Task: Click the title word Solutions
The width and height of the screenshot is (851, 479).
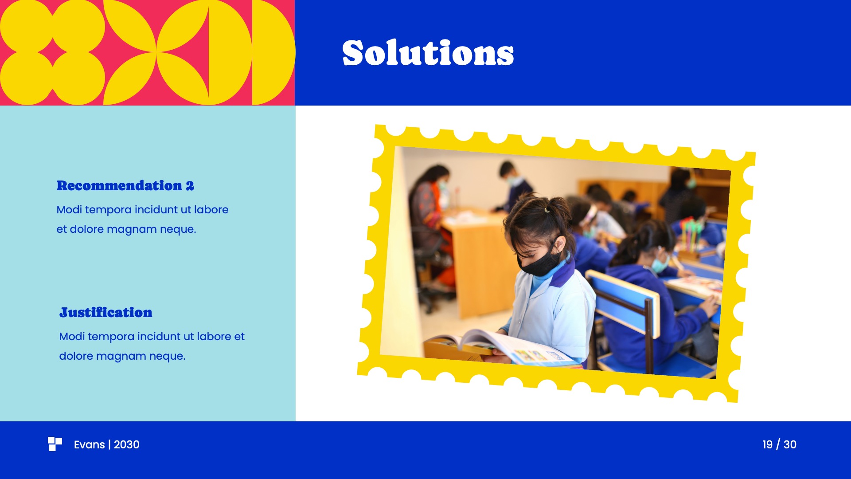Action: tap(428, 53)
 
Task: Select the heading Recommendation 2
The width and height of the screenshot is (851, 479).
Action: tap(125, 186)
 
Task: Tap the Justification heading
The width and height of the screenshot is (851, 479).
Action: tap(106, 313)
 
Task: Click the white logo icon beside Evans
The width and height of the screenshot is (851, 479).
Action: tap(55, 444)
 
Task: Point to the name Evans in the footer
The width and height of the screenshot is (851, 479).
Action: tap(89, 444)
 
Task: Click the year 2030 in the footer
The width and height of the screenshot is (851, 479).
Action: tap(127, 444)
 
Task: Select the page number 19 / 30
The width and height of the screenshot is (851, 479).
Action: tap(779, 444)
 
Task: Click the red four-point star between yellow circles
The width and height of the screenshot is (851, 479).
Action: tap(53, 53)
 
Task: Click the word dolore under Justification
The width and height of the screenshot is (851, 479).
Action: tap(76, 356)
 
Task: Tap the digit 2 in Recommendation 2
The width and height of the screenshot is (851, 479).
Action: tap(190, 186)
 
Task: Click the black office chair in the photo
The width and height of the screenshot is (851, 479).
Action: tap(428, 266)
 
